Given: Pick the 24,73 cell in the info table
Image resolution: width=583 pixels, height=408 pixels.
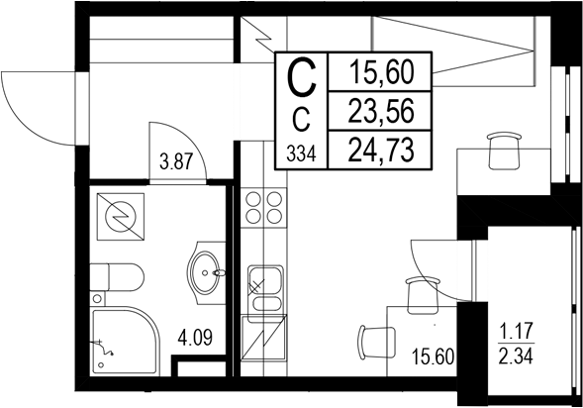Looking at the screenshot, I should (x=380, y=150).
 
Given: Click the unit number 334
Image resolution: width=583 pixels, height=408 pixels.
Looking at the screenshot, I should (x=302, y=153).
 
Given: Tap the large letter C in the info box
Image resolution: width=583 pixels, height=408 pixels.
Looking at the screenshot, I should (x=303, y=76).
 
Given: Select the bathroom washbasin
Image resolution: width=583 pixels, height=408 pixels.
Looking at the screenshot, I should (x=207, y=268).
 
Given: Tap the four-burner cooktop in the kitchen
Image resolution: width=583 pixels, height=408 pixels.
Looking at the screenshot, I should (x=262, y=208).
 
